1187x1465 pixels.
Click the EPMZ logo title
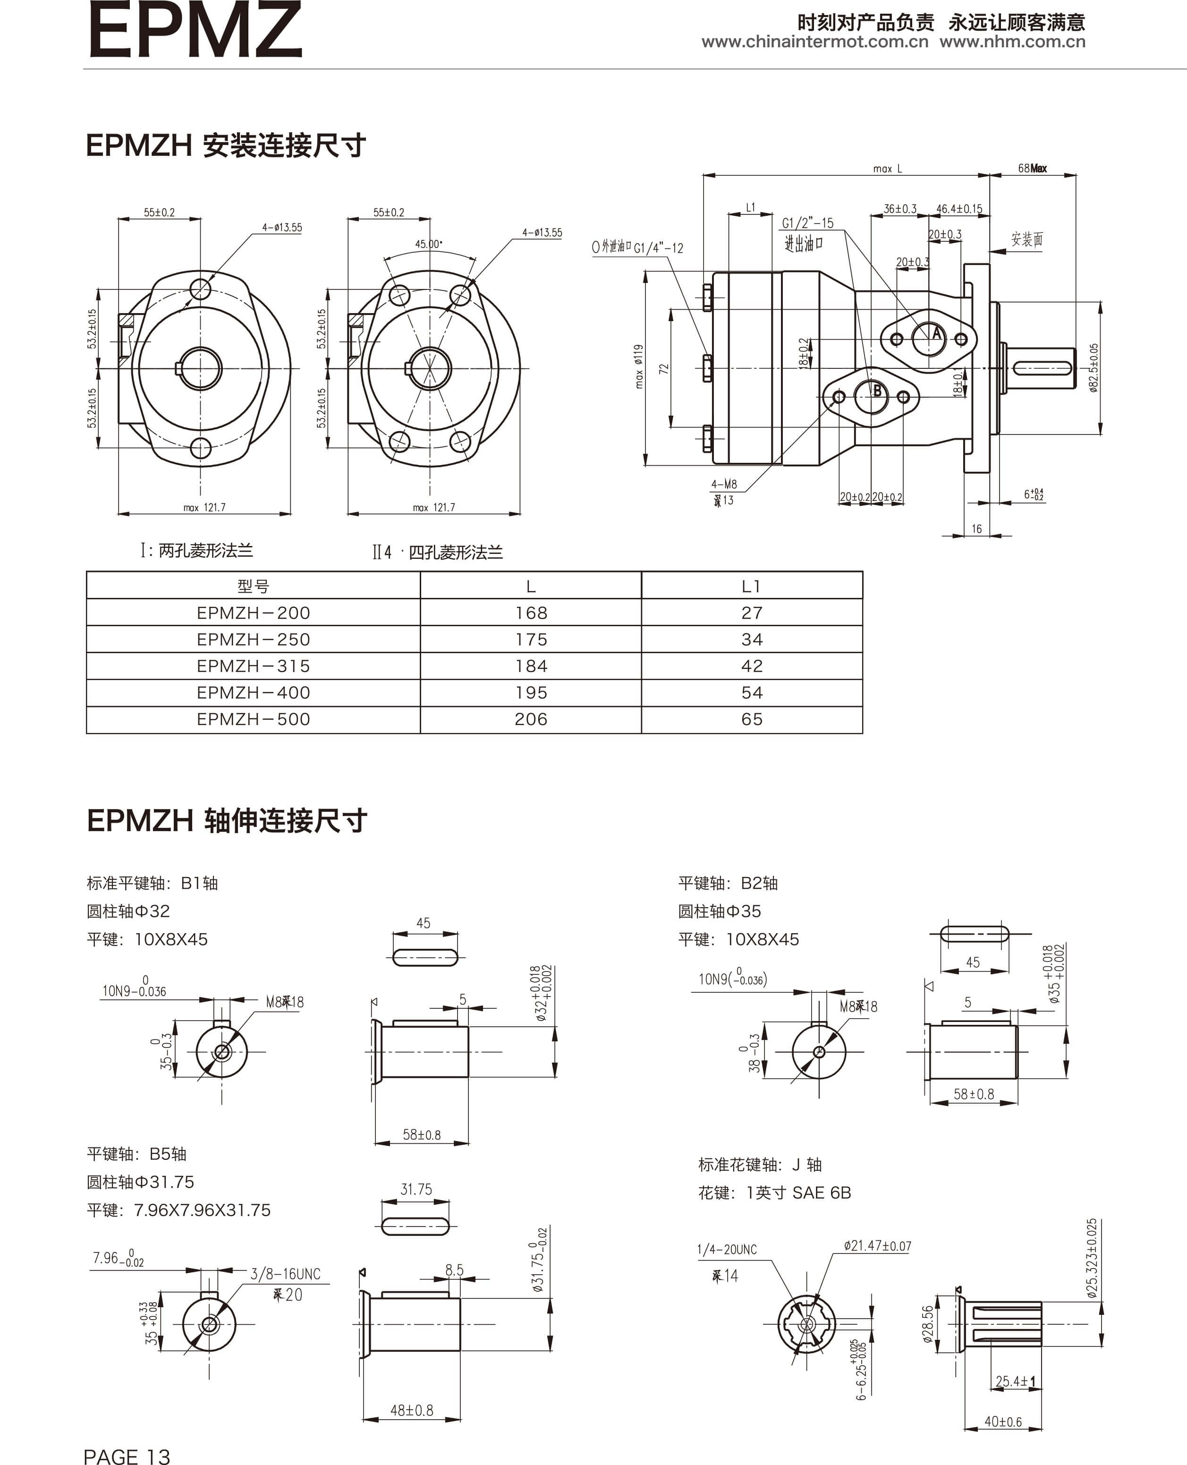(195, 31)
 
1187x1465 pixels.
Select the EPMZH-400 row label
(253, 693)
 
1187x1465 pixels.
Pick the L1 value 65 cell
(752, 719)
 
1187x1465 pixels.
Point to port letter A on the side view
(937, 334)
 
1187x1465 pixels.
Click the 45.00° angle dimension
(428, 244)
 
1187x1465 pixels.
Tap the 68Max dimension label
(1032, 168)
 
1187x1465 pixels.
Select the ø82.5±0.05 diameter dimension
(1094, 368)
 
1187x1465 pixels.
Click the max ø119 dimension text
(639, 366)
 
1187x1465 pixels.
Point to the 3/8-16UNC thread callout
(285, 1274)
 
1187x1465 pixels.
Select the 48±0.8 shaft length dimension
(412, 1410)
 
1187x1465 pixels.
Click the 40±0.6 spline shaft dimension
(1002, 1422)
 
